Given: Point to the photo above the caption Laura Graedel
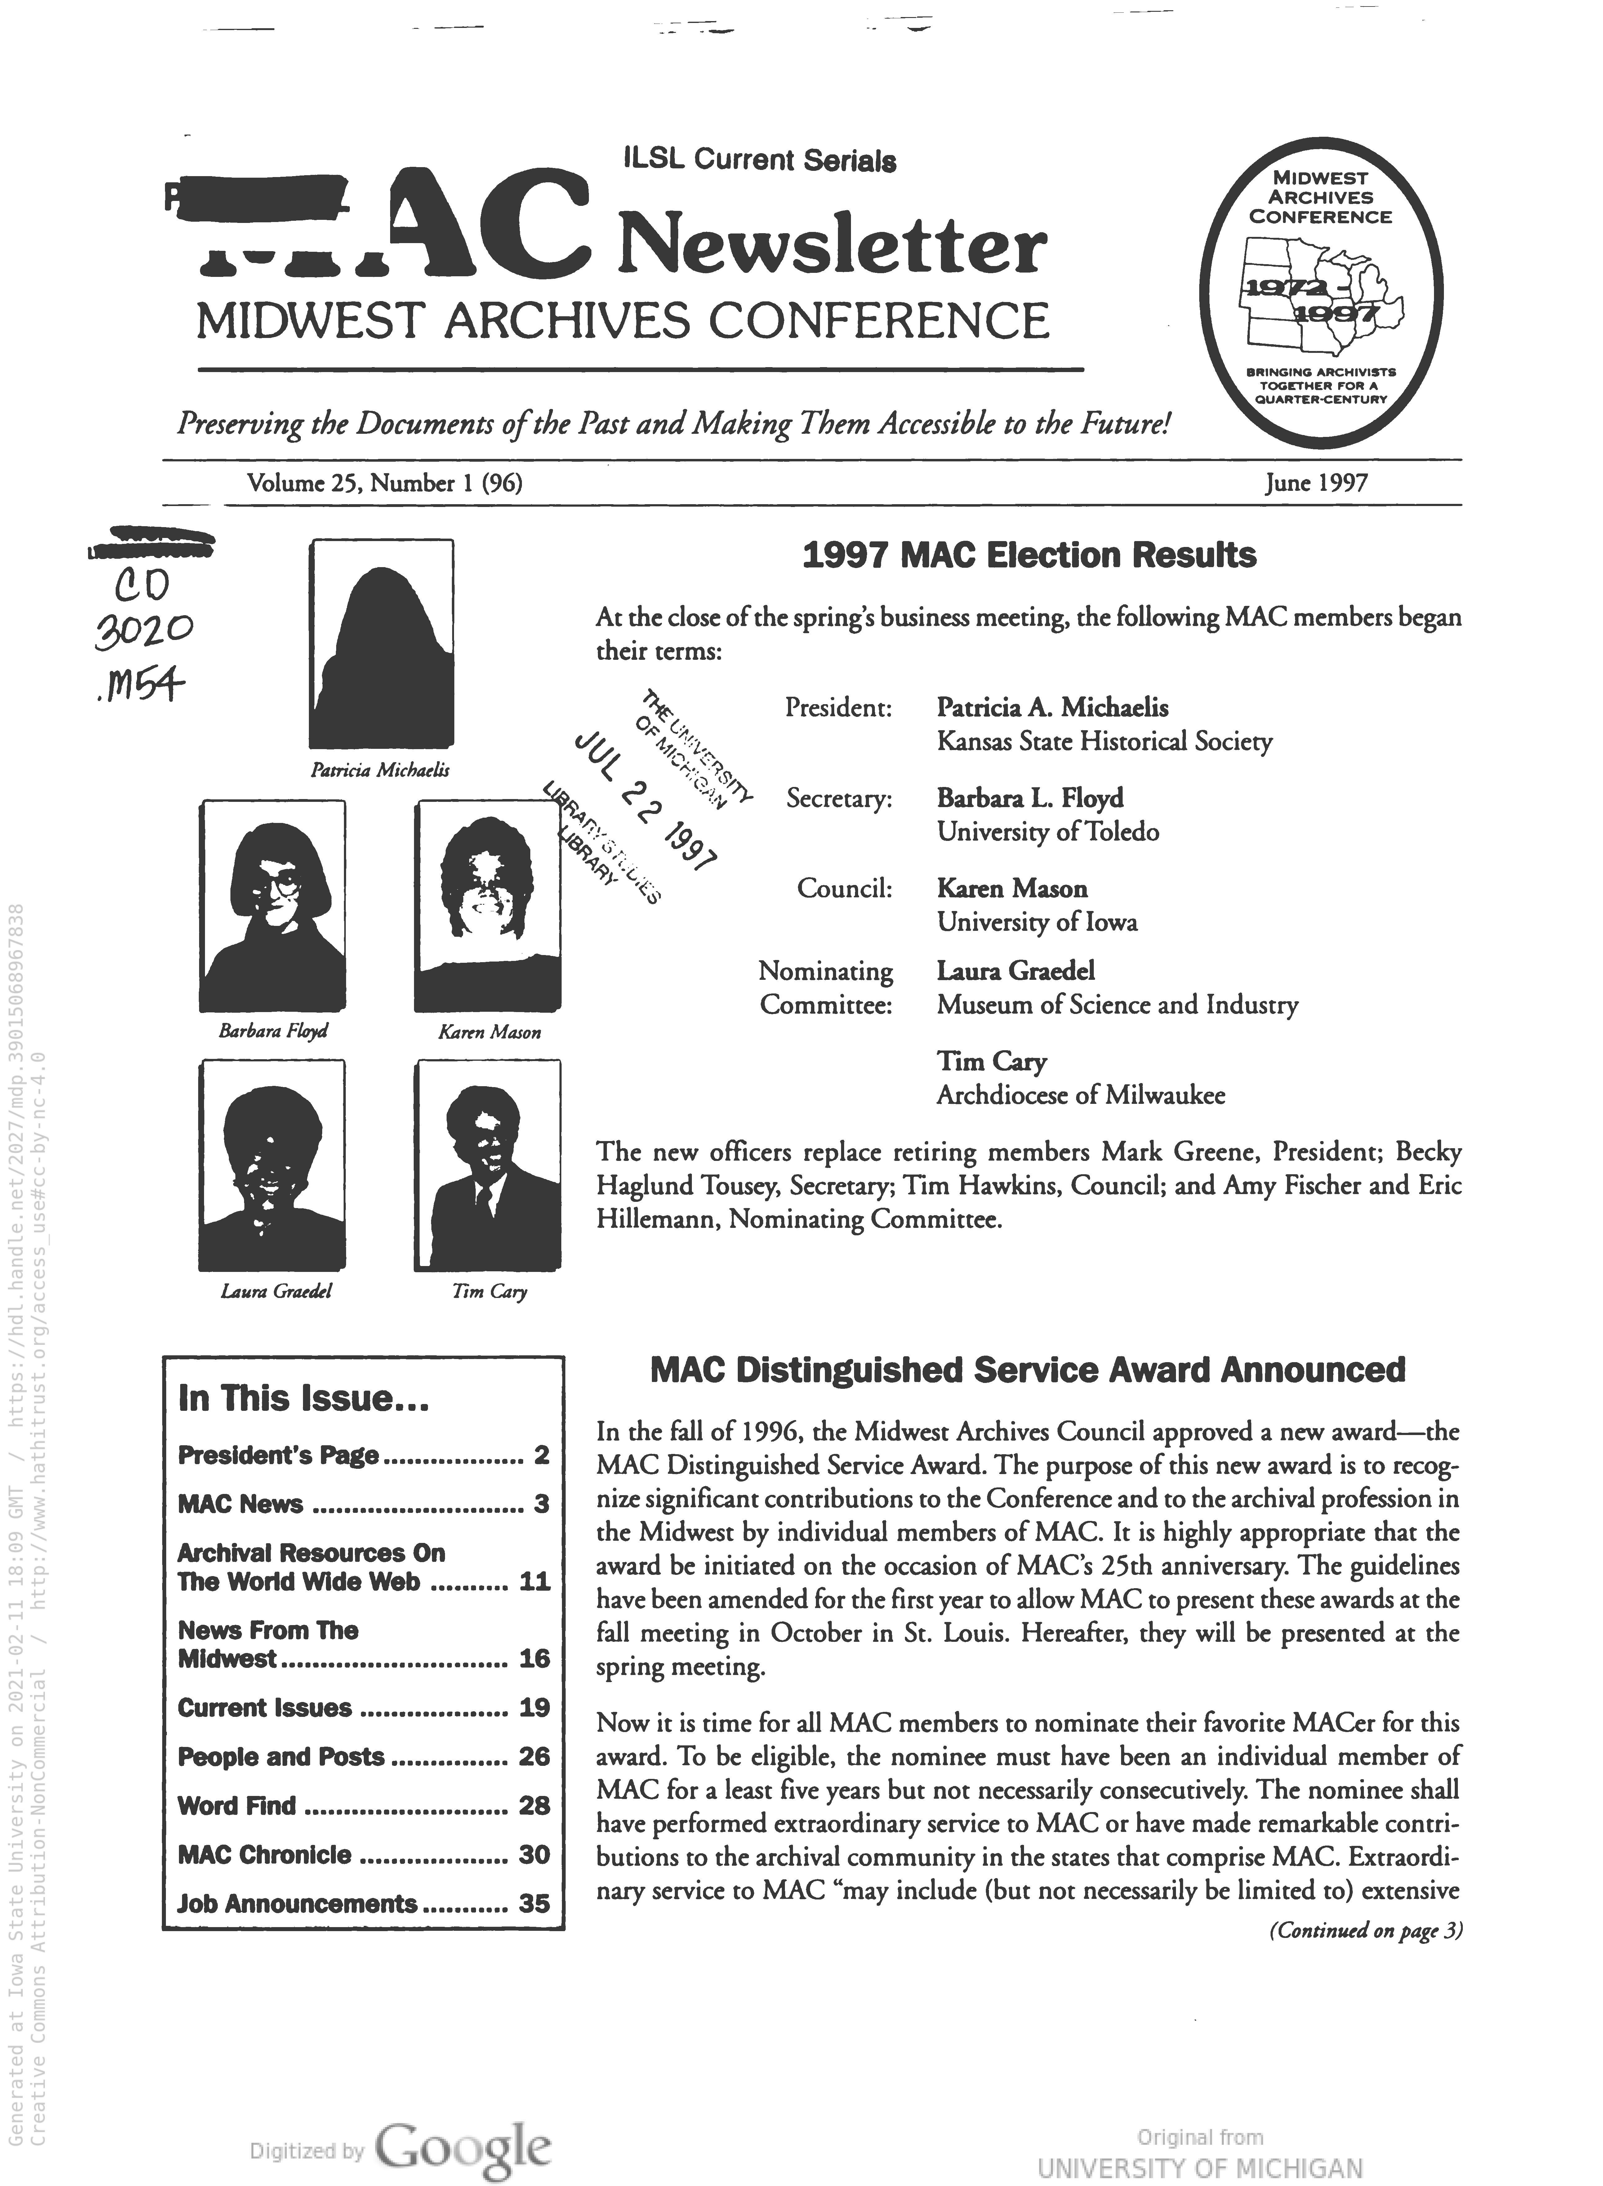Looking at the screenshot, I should click(272, 1164).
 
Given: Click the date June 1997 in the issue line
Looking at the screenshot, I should click(1316, 482).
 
